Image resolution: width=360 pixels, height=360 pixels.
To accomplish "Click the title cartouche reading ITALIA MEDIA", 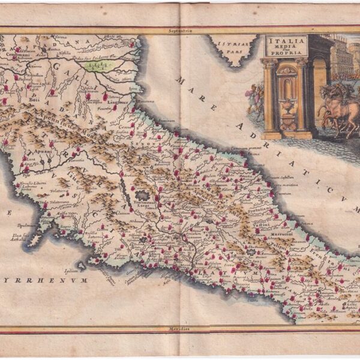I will point(286,46).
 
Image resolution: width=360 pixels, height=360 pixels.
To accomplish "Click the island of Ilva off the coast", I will point(35,239).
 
